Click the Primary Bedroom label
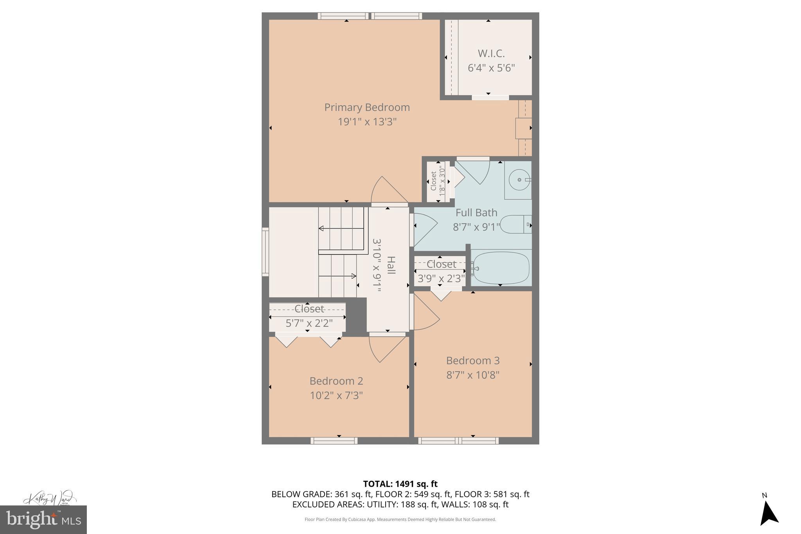(x=367, y=107)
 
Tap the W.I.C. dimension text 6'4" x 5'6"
(x=491, y=68)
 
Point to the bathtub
(x=500, y=268)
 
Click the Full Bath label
(x=476, y=213)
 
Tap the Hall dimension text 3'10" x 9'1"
(x=376, y=266)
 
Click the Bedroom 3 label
(x=473, y=360)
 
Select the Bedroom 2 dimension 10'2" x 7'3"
(x=336, y=396)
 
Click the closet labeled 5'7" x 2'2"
(x=308, y=316)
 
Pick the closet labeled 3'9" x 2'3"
(x=440, y=271)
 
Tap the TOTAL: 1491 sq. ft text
(x=400, y=484)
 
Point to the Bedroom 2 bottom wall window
(x=334, y=441)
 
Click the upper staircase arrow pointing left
(x=321, y=228)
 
